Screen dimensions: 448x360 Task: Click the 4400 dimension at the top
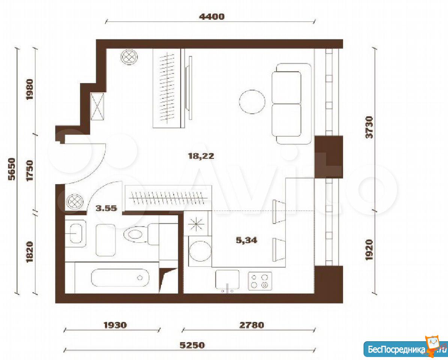[x=211, y=16]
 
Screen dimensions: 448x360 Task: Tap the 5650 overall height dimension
[x=12, y=169]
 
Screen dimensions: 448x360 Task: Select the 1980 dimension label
[x=30, y=89]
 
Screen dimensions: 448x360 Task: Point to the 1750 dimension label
[x=30, y=170]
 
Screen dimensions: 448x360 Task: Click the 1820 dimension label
[x=30, y=252]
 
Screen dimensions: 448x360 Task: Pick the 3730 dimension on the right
[x=370, y=127]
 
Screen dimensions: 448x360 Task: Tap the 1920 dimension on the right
[x=370, y=250]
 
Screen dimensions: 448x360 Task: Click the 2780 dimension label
[x=251, y=325]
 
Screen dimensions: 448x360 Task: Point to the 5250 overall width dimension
[x=192, y=345]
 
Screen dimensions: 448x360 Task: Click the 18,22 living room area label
[x=201, y=156]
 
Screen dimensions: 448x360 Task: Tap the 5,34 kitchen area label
[x=246, y=240]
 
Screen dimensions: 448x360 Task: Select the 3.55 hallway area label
[x=106, y=208]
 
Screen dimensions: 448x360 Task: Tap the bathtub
[x=120, y=277]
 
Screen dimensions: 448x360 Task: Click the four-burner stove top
[x=260, y=281]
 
